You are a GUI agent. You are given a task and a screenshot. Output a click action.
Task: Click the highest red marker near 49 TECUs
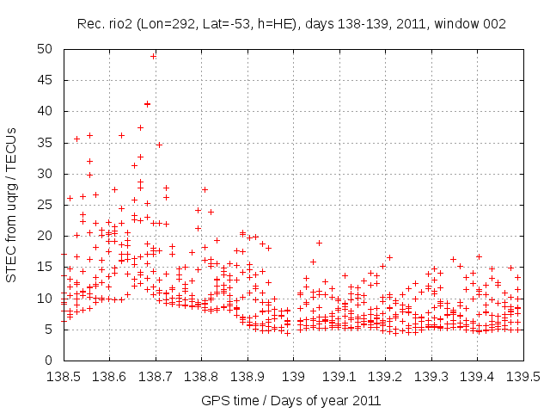click(154, 56)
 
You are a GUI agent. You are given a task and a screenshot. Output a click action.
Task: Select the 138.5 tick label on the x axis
click(63, 378)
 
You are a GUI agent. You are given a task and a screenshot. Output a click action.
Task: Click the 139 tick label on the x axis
click(293, 378)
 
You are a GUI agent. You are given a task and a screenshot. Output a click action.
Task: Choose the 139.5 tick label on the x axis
click(523, 378)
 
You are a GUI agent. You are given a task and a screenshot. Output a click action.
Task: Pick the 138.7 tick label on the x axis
click(155, 378)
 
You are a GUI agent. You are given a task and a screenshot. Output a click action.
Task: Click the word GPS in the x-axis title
click(214, 400)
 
